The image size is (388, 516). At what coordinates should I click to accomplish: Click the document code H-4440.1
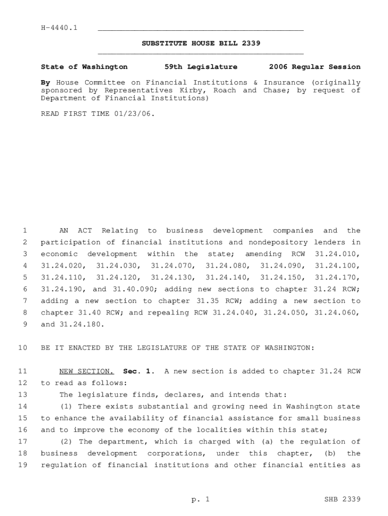click(x=59, y=28)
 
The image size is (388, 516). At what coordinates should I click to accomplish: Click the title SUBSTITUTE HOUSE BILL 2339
click(x=201, y=43)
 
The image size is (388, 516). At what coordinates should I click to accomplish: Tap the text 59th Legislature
click(x=201, y=67)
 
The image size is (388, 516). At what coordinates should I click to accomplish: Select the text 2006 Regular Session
click(x=314, y=67)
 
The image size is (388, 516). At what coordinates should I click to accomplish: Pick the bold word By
click(x=45, y=83)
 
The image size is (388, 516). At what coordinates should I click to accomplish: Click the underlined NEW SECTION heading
click(x=87, y=371)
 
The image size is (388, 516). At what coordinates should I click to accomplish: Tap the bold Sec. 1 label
click(x=139, y=371)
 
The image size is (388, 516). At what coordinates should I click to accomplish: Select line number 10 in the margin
click(x=22, y=348)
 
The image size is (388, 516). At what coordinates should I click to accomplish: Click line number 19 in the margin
click(x=22, y=465)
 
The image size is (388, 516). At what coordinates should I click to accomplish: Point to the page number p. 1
click(x=200, y=499)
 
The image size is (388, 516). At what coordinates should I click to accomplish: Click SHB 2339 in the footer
click(x=343, y=499)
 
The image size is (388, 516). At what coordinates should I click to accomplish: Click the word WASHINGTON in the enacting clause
click(x=288, y=348)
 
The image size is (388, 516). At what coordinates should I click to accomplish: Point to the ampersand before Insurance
click(x=255, y=83)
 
